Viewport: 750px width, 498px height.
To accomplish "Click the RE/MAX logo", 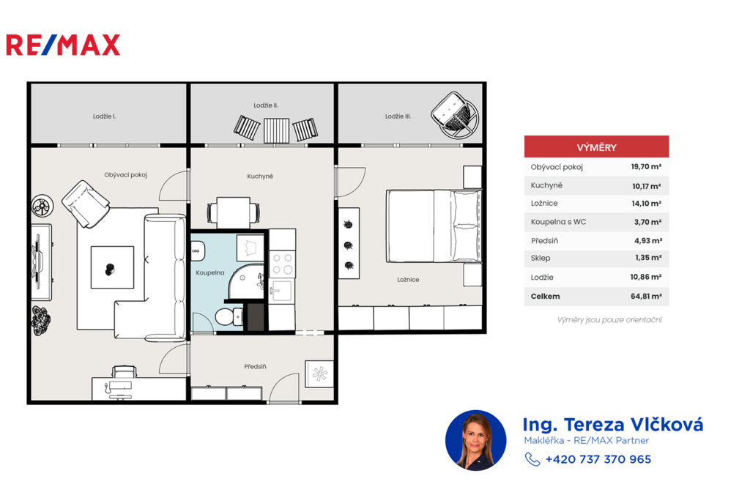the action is point(63,45).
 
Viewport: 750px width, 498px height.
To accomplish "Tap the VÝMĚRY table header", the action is point(596,147).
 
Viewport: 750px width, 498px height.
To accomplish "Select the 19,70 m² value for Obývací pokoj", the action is point(646,166).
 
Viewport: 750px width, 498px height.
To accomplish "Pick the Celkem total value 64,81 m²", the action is point(646,296).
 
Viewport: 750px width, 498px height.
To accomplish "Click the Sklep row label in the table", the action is point(541,258).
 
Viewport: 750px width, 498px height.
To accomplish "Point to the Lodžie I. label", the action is point(104,116).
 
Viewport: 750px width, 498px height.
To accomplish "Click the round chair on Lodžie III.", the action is point(454,115).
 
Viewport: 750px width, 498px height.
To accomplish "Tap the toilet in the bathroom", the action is point(229,316).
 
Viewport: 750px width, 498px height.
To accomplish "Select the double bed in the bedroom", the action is point(434,226).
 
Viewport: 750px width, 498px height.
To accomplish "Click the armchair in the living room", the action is point(86,204).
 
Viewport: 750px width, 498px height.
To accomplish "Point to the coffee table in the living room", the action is point(112,267).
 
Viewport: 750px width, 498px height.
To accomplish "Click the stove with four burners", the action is point(282,264).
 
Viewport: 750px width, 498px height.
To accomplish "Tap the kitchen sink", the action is point(282,291).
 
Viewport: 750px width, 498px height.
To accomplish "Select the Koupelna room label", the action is point(210,272).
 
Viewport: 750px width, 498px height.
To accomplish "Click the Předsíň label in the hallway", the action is point(255,366).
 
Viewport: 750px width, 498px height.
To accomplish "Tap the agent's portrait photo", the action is point(475,440).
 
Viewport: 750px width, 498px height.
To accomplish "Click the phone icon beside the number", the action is point(532,459).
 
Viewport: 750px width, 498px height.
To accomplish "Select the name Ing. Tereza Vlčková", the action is point(613,424).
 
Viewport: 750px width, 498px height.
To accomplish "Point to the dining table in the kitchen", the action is point(234,212).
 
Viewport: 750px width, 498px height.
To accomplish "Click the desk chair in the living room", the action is point(124,371).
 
